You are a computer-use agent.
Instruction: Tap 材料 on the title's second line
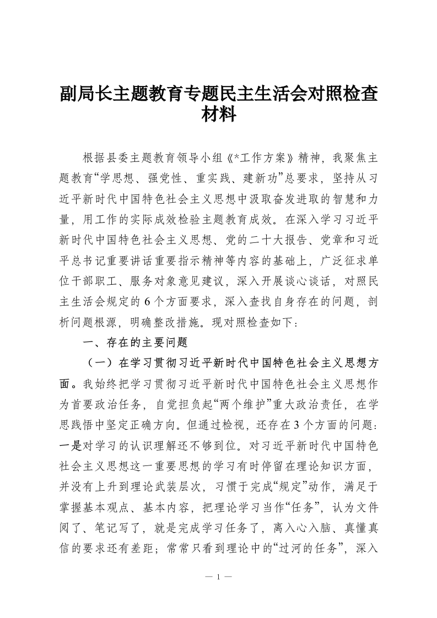(219, 115)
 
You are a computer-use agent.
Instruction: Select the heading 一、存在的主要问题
(135, 342)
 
